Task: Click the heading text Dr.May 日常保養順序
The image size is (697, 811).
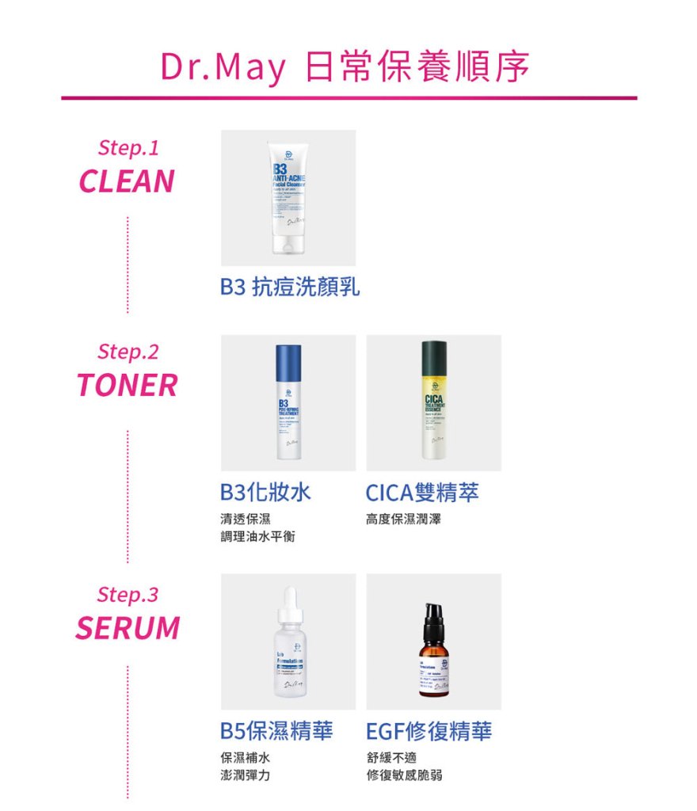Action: [345, 68]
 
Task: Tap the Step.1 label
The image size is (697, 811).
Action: [128, 147]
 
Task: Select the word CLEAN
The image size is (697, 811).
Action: [127, 181]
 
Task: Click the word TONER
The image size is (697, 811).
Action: [127, 386]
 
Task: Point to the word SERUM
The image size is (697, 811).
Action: [128, 628]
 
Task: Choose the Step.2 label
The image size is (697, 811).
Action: [128, 351]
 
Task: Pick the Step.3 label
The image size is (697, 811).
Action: [128, 594]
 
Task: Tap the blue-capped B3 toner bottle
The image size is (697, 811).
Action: [288, 402]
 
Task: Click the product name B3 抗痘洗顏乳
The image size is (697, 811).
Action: [290, 287]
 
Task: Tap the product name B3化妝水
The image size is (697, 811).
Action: [265, 493]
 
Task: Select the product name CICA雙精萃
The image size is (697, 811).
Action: [422, 493]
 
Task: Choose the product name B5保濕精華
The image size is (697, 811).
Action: [276, 731]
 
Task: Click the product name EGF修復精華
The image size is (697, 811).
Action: [428, 731]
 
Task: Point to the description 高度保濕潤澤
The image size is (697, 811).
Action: [403, 520]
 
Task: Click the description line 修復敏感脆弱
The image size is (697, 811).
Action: [404, 775]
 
